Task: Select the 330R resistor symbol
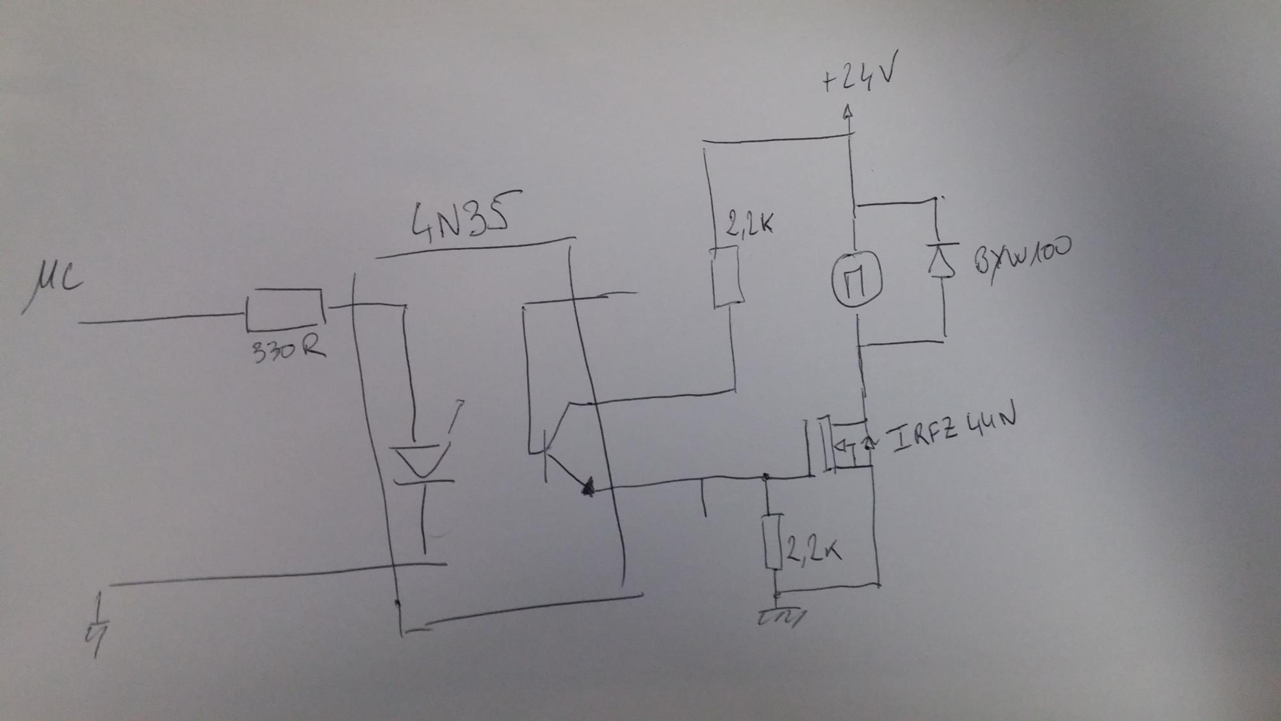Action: (x=284, y=310)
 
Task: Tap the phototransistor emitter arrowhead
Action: (x=587, y=488)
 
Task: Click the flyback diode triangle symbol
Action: (x=942, y=260)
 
